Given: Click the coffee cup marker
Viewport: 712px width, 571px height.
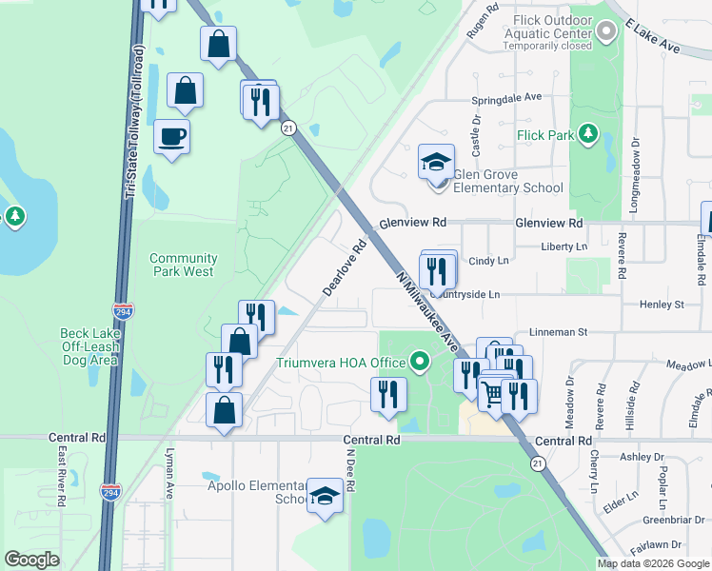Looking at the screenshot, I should coord(171,137).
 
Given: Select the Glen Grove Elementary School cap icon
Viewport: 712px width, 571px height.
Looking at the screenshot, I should coord(436,163).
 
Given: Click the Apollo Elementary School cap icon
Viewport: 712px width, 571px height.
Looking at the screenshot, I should coord(325,495).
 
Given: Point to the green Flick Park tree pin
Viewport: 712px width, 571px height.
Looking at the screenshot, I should coord(588,134).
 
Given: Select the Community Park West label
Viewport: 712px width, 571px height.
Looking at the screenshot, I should coord(184,265).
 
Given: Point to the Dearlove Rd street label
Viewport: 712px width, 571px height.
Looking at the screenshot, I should coord(345,267).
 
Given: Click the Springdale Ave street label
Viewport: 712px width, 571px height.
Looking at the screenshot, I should coord(506,97).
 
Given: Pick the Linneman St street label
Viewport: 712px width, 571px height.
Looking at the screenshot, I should coord(559,332).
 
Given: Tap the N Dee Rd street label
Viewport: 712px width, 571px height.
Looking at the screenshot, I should coord(349,472).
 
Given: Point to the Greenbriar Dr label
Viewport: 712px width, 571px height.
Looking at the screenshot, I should coord(673,520).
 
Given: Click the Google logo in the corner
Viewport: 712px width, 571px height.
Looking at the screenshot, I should coord(31,560).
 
